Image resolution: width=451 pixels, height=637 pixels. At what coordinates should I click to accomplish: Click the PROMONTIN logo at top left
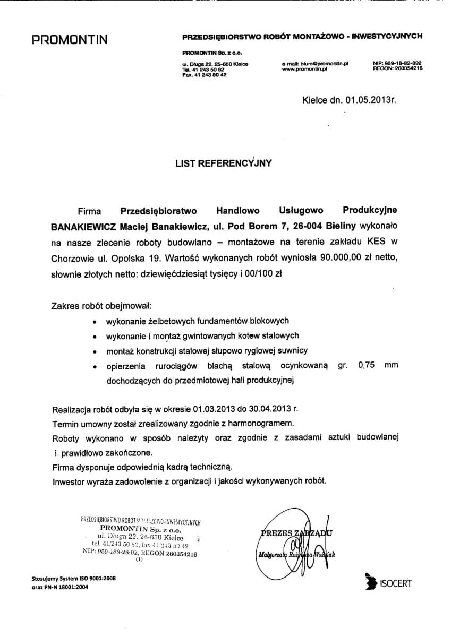(x=70, y=40)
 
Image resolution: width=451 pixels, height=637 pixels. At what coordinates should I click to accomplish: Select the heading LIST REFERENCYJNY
(x=224, y=163)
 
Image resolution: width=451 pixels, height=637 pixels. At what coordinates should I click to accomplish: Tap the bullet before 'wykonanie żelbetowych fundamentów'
(x=94, y=322)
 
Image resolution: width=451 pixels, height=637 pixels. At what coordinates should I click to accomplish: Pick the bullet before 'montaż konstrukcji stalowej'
(x=94, y=351)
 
